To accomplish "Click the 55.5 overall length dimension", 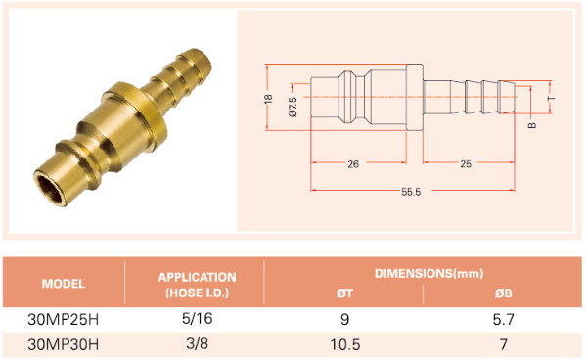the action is (411, 192).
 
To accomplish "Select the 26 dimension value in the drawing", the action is (353, 164).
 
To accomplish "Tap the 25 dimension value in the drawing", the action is (466, 164).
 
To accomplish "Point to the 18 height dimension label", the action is (268, 99).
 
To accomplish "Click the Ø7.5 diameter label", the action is (293, 107).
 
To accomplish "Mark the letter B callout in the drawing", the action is (532, 125).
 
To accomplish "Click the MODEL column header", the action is (64, 284).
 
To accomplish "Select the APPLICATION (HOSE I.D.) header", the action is (197, 285).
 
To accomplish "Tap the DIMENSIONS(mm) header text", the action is (428, 273).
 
